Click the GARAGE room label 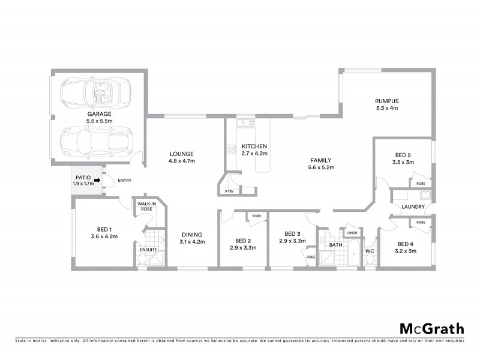(99, 113)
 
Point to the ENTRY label (125, 181)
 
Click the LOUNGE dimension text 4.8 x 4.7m (182, 161)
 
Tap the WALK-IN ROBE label (147, 208)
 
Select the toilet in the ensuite (142, 259)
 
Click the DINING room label (191, 235)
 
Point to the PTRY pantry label (229, 191)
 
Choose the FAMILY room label (321, 160)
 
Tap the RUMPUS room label (387, 101)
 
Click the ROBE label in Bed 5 (421, 184)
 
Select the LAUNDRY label (414, 208)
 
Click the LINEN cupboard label (352, 233)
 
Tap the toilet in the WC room (370, 259)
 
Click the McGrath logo (432, 328)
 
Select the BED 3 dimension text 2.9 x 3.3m (292, 241)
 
